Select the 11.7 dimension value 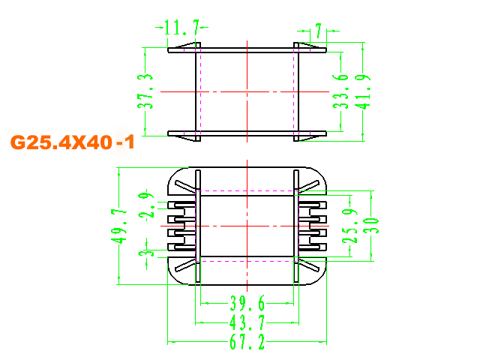pyautogui.click(x=178, y=29)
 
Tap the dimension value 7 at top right pyautogui.click(x=318, y=31)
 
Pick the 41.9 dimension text pyautogui.click(x=364, y=91)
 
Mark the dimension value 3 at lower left pyautogui.click(x=145, y=259)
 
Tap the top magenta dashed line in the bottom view pyautogui.click(x=247, y=190)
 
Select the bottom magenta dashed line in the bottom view pyautogui.click(x=247, y=261)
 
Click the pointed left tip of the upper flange pyautogui.click(x=169, y=51)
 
